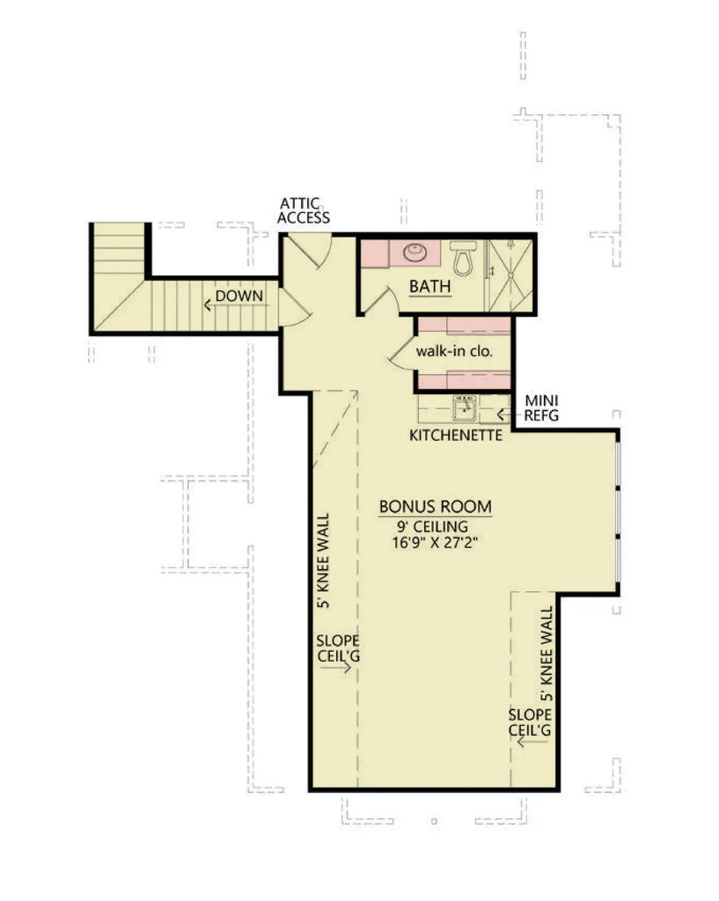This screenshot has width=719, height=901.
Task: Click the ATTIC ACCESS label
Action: (304, 210)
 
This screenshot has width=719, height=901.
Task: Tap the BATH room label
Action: (430, 286)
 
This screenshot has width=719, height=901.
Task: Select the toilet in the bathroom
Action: (462, 258)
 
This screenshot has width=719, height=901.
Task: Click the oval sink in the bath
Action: (416, 253)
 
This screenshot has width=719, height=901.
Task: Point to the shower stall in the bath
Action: (510, 274)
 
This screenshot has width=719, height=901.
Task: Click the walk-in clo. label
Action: (453, 350)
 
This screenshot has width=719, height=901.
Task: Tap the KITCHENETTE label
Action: (456, 435)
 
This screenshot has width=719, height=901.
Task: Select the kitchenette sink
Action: (465, 408)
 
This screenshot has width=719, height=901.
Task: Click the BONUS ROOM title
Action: (435, 508)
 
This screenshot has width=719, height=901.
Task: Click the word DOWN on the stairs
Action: (238, 296)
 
